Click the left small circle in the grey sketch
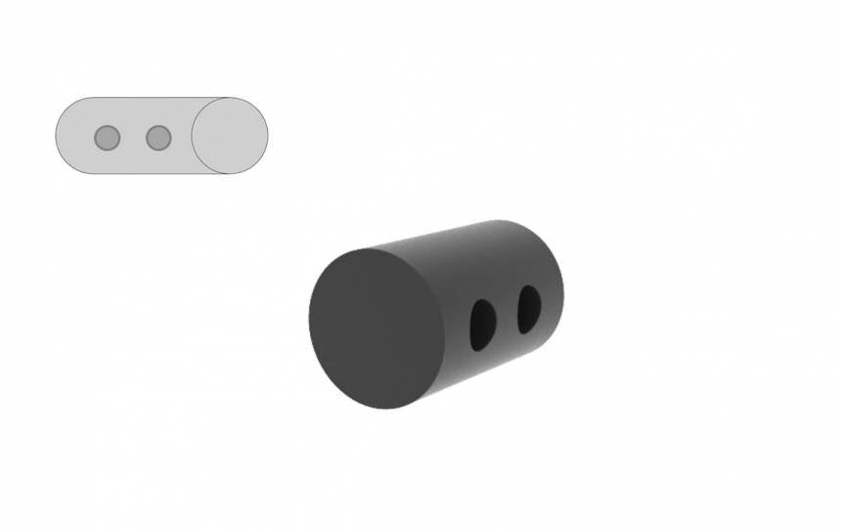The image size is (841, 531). click(108, 138)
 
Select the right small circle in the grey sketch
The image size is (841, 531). click(158, 138)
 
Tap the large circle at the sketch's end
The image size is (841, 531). click(230, 136)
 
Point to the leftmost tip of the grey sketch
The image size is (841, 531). click(56, 136)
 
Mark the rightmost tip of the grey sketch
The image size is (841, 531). click(268, 136)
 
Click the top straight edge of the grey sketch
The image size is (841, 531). click(147, 98)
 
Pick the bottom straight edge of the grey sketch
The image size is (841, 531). click(147, 173)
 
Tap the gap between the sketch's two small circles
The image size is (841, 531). click(133, 138)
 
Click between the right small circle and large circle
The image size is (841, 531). click(181, 138)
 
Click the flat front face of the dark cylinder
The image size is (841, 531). click(376, 329)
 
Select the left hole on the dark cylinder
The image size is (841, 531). click(482, 325)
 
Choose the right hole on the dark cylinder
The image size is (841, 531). click(529, 307)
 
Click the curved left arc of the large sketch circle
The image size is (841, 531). click(193, 136)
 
